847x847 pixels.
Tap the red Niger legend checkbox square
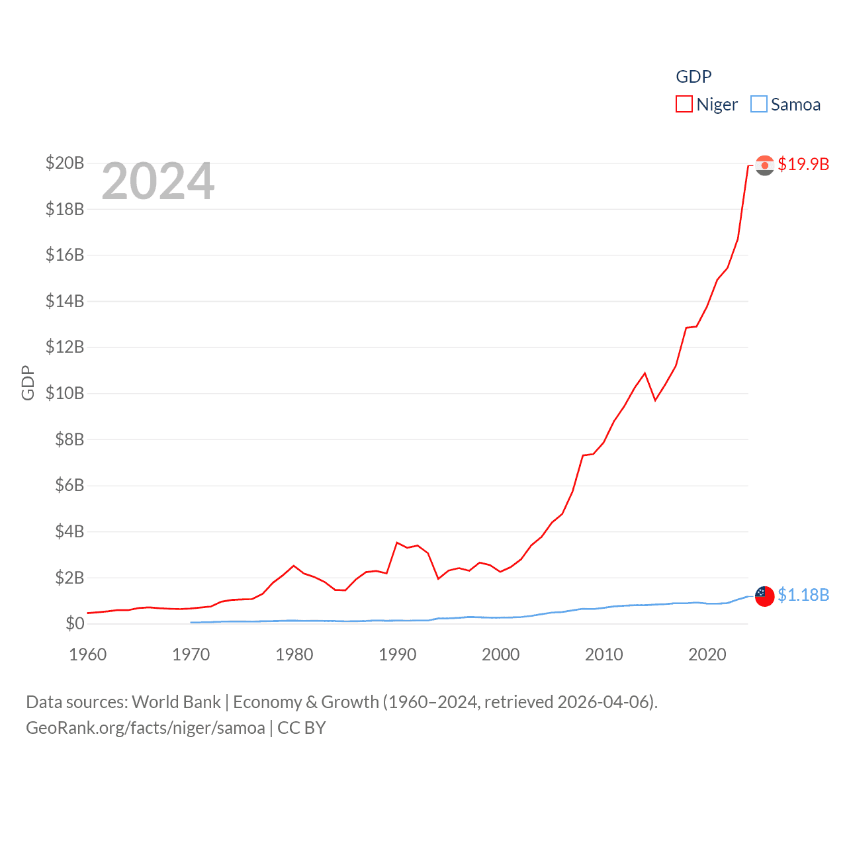[x=684, y=105]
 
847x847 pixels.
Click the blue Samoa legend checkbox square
[x=759, y=105]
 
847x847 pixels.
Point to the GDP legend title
[x=693, y=77]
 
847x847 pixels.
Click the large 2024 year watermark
[x=158, y=181]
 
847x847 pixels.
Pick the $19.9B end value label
[x=803, y=164]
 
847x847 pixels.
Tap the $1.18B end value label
[x=803, y=595]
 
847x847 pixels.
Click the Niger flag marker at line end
[x=765, y=165]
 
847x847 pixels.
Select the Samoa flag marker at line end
[x=765, y=596]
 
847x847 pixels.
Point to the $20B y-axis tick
[x=65, y=163]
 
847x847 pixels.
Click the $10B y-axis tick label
[x=65, y=393]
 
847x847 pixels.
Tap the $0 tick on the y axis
[x=75, y=623]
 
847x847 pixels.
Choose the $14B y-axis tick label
[x=65, y=301]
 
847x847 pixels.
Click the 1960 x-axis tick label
[x=88, y=654]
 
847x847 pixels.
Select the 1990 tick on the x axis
[x=398, y=654]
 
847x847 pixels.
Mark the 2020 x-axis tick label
[x=707, y=654]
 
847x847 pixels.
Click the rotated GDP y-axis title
[x=28, y=382]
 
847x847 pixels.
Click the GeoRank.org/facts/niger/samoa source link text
[x=146, y=728]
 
